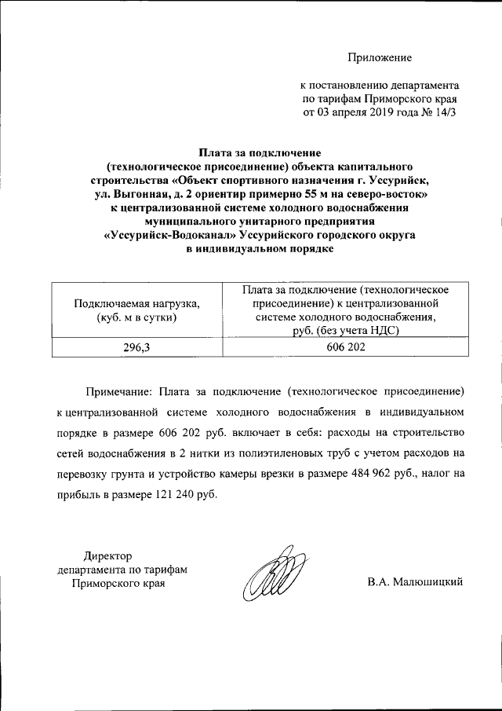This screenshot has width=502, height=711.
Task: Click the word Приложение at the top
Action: click(380, 58)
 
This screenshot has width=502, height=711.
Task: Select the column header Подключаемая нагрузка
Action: click(136, 303)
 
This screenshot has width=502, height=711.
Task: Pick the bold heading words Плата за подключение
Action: click(260, 152)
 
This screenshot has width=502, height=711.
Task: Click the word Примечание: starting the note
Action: click(117, 390)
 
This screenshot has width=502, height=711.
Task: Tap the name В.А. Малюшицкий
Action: click(415, 582)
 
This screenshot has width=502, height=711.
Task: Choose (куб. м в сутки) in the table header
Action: click(136, 317)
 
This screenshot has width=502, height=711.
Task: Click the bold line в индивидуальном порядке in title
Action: click(260, 250)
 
